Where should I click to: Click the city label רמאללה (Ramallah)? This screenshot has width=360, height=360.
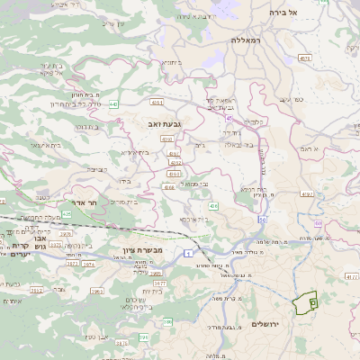pyautogui.click(x=247, y=40)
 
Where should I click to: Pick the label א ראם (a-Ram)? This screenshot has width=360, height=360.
pyautogui.click(x=309, y=148)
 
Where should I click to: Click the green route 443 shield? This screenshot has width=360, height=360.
pyautogui.click(x=114, y=105)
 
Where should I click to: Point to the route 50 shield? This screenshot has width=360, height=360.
pyautogui.click(x=262, y=219)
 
